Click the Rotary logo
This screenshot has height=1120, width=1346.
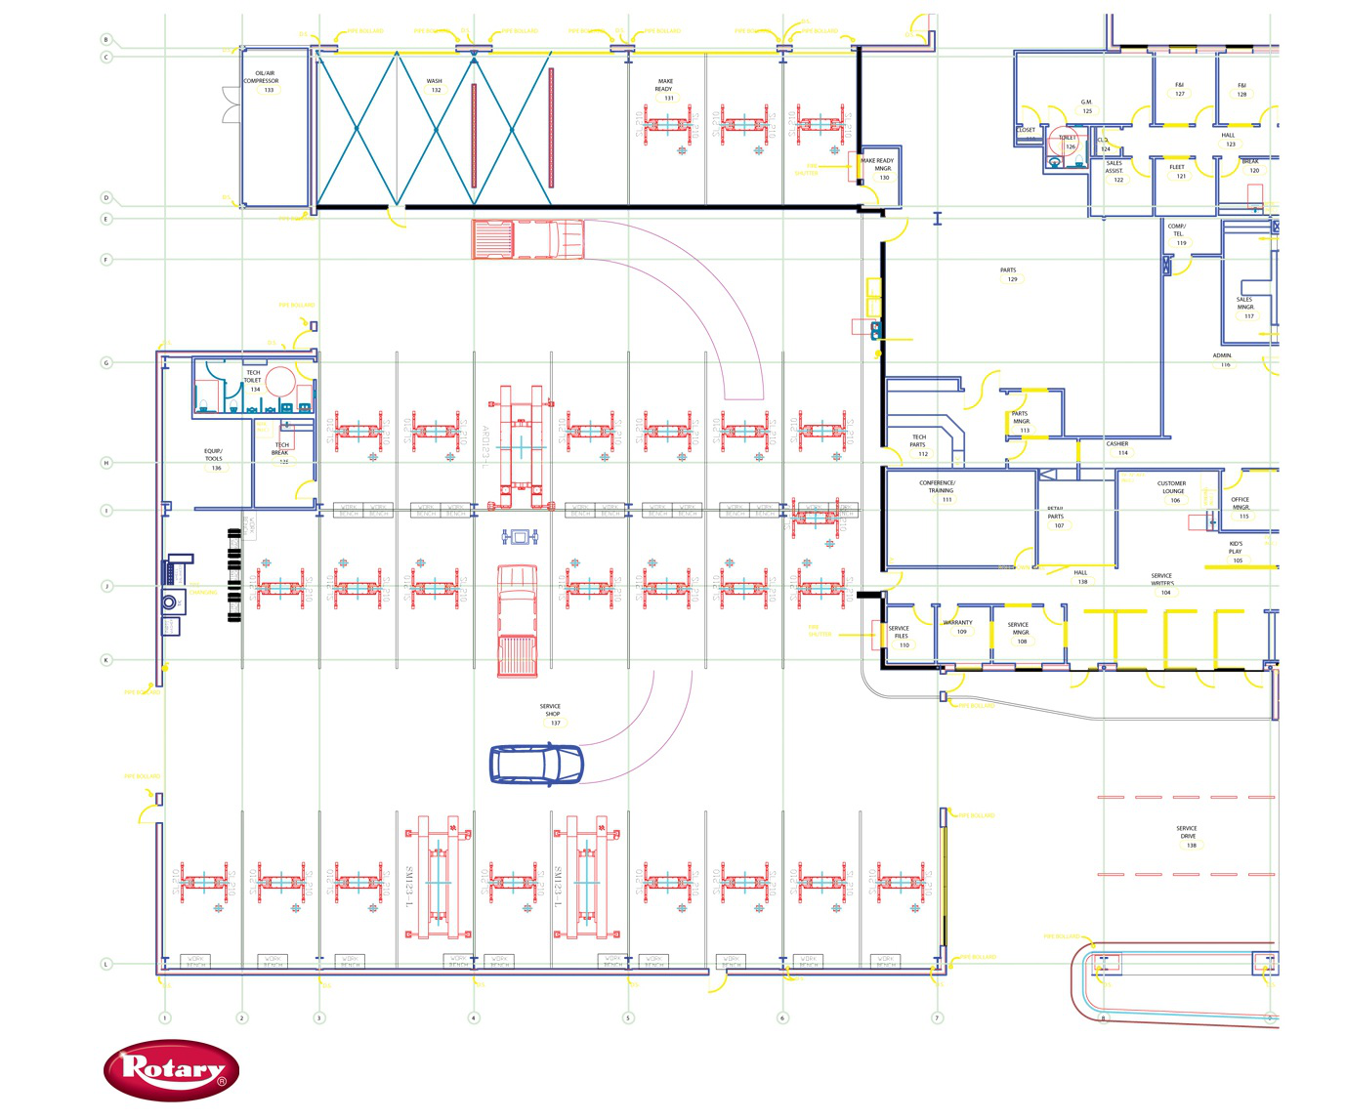(171, 1070)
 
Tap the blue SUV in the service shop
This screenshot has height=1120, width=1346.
(536, 765)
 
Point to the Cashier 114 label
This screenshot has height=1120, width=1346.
(1118, 448)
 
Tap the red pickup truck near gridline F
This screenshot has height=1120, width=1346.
(527, 239)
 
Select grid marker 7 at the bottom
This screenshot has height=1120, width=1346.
(937, 1017)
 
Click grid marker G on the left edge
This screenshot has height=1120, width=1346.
(106, 362)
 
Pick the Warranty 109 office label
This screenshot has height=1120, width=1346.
(958, 627)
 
